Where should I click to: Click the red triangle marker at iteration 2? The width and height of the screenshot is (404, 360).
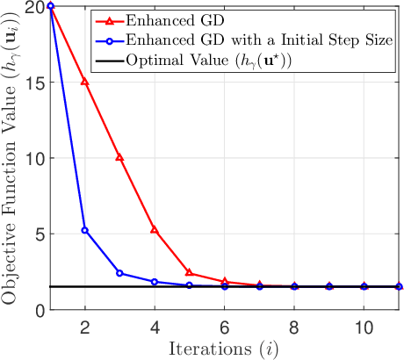click(85, 82)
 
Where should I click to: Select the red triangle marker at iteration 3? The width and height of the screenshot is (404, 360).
click(119, 157)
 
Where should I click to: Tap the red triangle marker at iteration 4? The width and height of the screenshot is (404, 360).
click(155, 230)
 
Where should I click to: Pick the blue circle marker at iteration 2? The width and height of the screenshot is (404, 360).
click(85, 230)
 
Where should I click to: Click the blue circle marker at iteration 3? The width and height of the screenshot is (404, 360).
click(119, 273)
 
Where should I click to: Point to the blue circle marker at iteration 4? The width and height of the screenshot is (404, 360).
click(155, 282)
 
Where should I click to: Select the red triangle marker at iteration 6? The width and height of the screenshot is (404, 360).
click(225, 282)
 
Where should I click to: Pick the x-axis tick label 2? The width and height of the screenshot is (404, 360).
click(85, 324)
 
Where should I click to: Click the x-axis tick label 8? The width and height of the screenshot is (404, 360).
click(294, 324)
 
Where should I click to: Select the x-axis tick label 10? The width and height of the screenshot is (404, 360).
click(364, 324)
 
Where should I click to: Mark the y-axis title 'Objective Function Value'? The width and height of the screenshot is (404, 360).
click(12, 158)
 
